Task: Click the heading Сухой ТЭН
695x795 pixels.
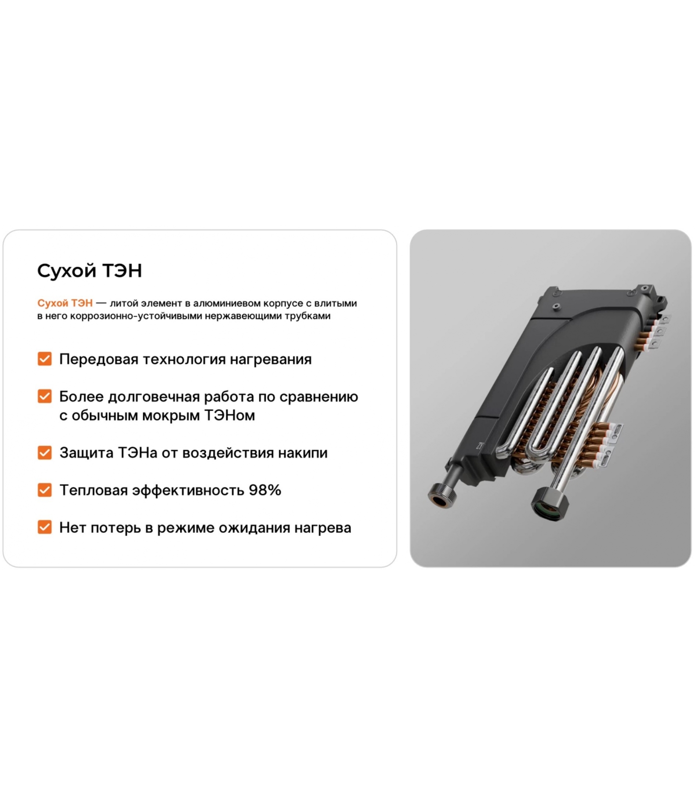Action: coord(90,271)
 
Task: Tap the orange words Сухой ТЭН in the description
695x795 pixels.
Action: coord(65,303)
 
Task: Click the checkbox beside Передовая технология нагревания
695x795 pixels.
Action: coord(45,359)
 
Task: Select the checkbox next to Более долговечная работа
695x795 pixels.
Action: coord(45,396)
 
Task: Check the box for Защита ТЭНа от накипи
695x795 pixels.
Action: coord(45,453)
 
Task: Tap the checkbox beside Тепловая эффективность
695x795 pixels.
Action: coord(45,490)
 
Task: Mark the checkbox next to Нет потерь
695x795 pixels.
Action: coord(45,527)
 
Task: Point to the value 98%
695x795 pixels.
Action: coord(265,490)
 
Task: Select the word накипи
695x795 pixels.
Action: coord(303,453)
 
